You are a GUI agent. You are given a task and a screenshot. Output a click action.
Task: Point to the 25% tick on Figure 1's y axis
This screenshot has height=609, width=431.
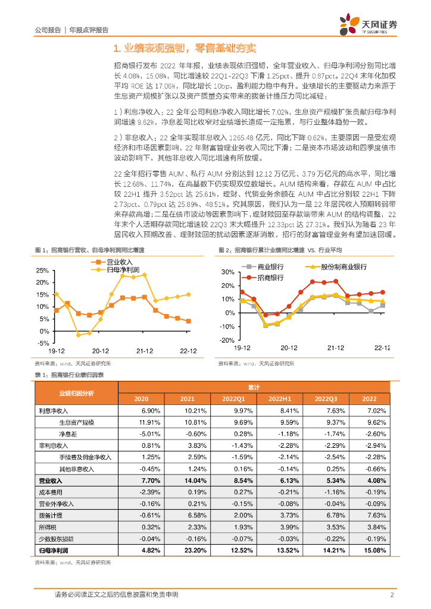(42, 270)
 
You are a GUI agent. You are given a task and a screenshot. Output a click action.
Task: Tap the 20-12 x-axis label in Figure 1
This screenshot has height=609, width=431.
(100, 351)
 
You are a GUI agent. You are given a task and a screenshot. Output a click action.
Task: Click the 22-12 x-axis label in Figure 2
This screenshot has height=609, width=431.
(381, 347)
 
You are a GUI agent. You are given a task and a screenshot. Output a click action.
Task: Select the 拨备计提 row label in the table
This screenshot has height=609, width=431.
(51, 515)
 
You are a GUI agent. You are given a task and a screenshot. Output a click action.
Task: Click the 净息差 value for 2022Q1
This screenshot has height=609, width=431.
(245, 434)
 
